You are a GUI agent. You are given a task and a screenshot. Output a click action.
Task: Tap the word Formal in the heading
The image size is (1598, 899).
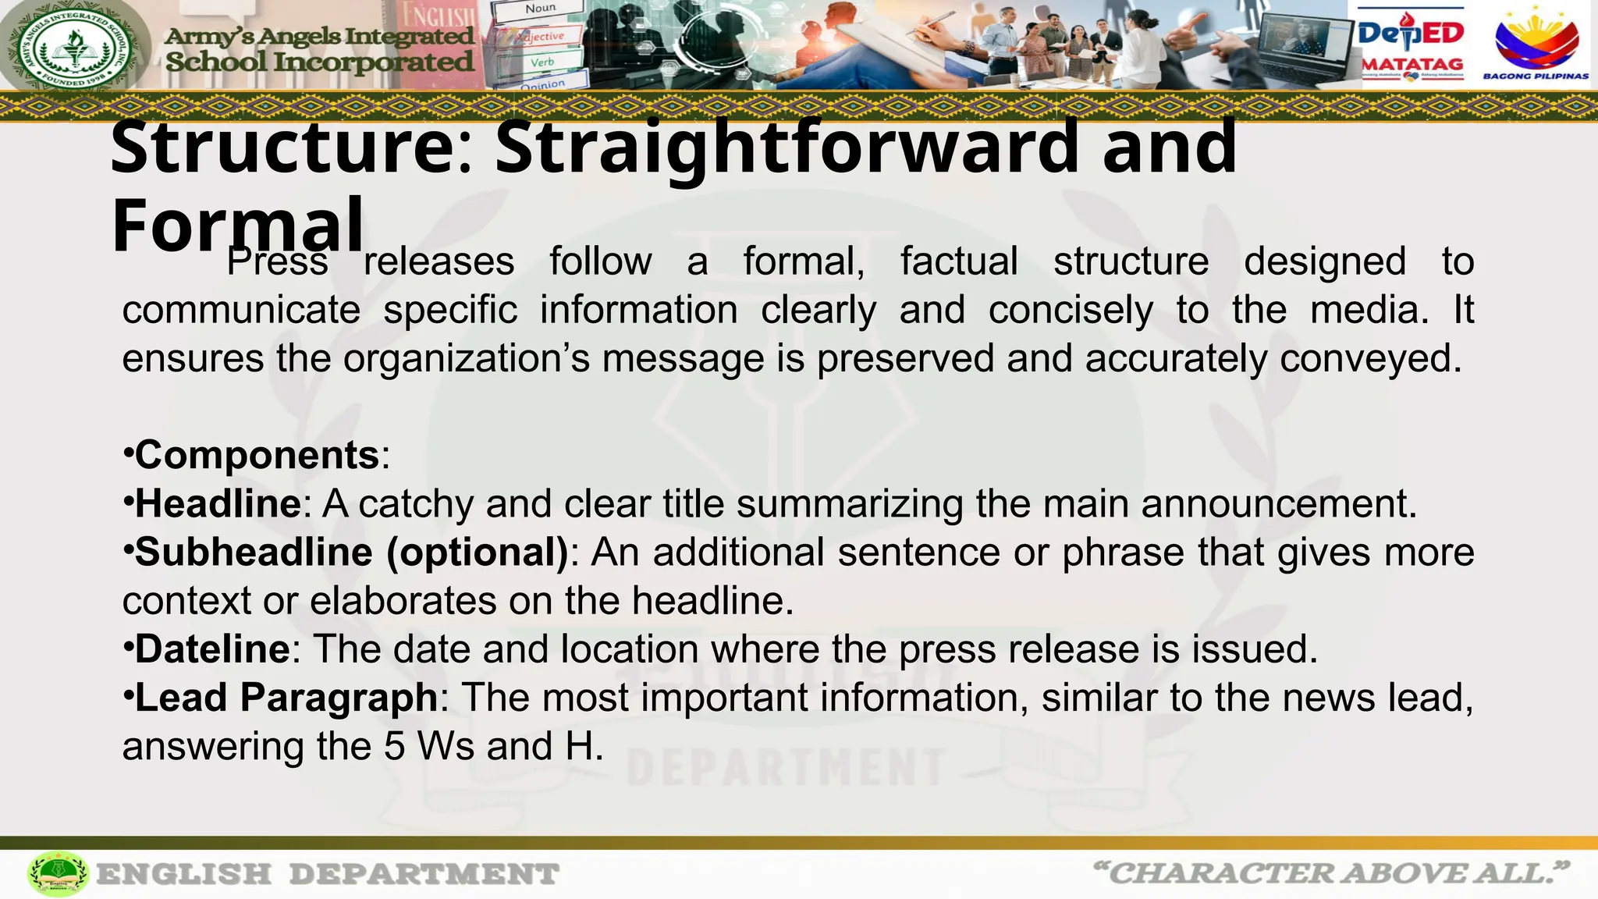(x=238, y=226)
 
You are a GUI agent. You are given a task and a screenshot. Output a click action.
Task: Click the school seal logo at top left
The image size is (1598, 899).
(x=76, y=45)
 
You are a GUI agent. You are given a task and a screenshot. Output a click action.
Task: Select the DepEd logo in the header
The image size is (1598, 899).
(x=1412, y=33)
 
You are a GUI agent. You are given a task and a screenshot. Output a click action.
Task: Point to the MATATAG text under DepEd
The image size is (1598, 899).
(x=1412, y=65)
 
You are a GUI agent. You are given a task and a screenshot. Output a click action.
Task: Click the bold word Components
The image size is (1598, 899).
(x=257, y=455)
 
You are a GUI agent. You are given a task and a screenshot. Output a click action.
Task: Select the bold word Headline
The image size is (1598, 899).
(x=218, y=503)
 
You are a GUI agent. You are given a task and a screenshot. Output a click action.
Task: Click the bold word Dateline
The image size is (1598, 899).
(x=212, y=649)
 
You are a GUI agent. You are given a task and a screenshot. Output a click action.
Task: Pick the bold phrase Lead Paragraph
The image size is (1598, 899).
(x=286, y=698)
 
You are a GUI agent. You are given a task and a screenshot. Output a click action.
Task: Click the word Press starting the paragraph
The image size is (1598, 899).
(x=277, y=261)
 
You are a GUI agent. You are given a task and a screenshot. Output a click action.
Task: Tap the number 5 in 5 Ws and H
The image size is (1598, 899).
(x=394, y=746)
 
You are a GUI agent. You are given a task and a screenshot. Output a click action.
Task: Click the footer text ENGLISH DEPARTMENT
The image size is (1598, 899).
(x=328, y=874)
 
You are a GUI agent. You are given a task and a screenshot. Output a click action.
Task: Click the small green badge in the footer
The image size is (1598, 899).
(x=58, y=874)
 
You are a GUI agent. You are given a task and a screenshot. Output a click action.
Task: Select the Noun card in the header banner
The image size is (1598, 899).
(x=540, y=9)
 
